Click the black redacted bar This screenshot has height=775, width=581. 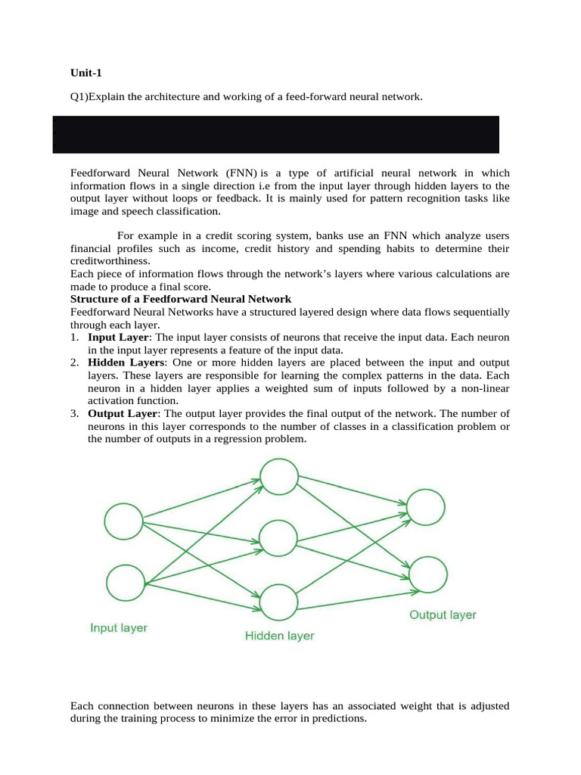tap(276, 135)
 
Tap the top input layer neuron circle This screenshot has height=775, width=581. tap(123, 521)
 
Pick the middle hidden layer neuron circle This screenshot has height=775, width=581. tap(278, 538)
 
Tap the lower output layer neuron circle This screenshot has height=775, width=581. tap(427, 574)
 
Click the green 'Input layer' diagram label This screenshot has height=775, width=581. tap(119, 627)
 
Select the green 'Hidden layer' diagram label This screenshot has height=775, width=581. tap(279, 636)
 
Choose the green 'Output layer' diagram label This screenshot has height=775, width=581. tap(443, 615)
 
